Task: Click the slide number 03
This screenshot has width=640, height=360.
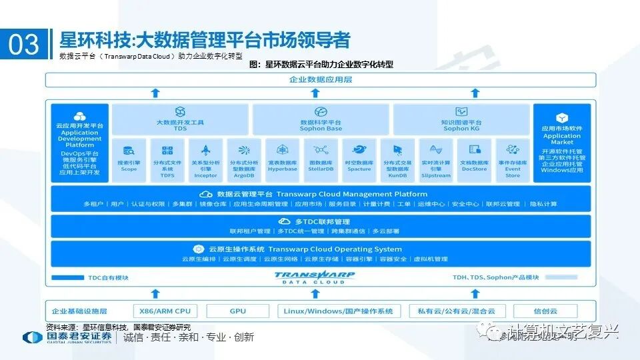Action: (x=24, y=44)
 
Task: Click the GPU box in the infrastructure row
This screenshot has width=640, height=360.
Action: (x=238, y=311)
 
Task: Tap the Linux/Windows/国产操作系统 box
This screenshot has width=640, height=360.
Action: (x=339, y=311)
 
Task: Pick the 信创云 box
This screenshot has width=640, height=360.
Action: (x=546, y=311)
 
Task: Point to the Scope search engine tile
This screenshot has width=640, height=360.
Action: (x=129, y=160)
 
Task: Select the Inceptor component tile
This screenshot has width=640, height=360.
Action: (x=205, y=160)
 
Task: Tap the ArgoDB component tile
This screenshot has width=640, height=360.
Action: (x=243, y=160)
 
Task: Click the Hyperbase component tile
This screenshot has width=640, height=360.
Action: (x=282, y=160)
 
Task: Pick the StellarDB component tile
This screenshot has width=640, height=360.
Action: (x=321, y=160)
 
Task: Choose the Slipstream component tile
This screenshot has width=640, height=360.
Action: (x=436, y=160)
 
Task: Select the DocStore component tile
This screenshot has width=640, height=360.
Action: (x=475, y=160)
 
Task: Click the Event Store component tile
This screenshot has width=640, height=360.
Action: (x=513, y=160)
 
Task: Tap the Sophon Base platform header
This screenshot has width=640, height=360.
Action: (x=321, y=119)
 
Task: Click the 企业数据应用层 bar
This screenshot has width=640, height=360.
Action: (x=321, y=80)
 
